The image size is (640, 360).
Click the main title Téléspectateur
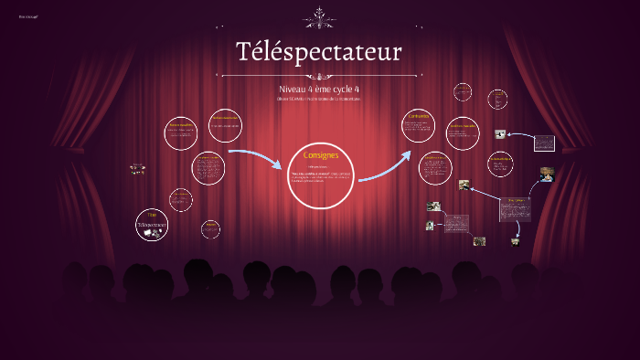coord(318,52)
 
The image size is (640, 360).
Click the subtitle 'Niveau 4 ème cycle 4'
coord(318,89)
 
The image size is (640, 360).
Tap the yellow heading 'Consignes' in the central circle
coord(320,155)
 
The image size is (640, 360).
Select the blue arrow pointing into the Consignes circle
coord(256,159)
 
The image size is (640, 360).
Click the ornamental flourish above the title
coord(319,17)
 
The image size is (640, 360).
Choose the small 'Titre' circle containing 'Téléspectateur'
coord(151,225)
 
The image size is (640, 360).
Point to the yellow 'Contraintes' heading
coord(419,117)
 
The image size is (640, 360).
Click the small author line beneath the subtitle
coord(318,99)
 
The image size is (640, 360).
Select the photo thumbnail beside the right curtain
coord(547,173)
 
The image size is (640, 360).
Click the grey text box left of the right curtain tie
coord(544,143)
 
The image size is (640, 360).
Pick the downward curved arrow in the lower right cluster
coord(518,228)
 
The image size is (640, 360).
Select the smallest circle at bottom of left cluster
coord(210,227)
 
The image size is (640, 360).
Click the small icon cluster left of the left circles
coord(138,168)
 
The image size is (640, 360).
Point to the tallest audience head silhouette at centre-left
coord(197,274)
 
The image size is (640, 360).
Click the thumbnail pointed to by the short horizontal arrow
coord(500,134)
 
